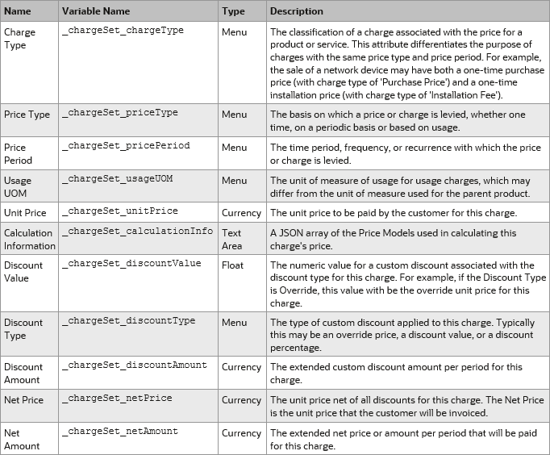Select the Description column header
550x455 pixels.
(296, 11)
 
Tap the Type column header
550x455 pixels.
(233, 11)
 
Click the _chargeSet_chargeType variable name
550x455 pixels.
(123, 31)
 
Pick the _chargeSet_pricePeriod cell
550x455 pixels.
(126, 146)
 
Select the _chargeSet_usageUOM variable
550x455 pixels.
(117, 178)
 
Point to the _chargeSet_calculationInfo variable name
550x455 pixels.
(137, 232)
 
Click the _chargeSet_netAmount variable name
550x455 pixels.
(119, 432)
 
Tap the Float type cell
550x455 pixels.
(232, 265)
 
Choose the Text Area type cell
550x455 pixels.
(232, 239)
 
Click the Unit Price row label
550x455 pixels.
(25, 212)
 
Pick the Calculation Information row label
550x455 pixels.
(30, 239)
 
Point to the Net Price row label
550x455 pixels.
(24, 399)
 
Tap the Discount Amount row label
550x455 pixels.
(23, 373)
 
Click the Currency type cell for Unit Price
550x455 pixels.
(241, 212)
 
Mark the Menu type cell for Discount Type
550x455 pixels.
(234, 321)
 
